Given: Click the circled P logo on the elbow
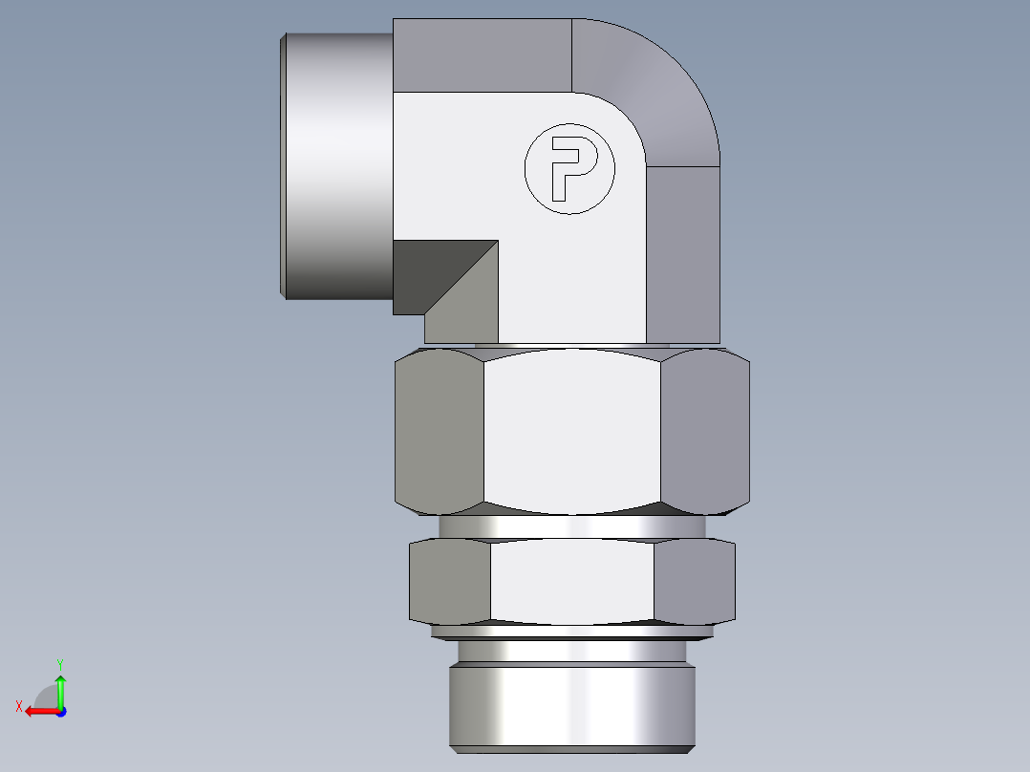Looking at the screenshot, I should (x=569, y=169).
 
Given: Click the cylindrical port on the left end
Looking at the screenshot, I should (x=336, y=166).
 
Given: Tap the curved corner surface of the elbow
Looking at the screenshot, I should (x=659, y=91).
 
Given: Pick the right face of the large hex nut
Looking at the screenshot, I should (x=704, y=426).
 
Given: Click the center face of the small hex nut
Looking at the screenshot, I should (x=571, y=581).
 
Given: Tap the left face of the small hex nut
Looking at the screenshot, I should (x=450, y=581).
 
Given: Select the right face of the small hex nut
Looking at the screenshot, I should (x=695, y=581).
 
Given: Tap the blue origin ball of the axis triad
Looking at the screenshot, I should (x=60, y=711).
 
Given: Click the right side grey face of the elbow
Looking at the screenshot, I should (x=684, y=253).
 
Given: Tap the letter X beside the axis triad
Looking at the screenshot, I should (x=19, y=706).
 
